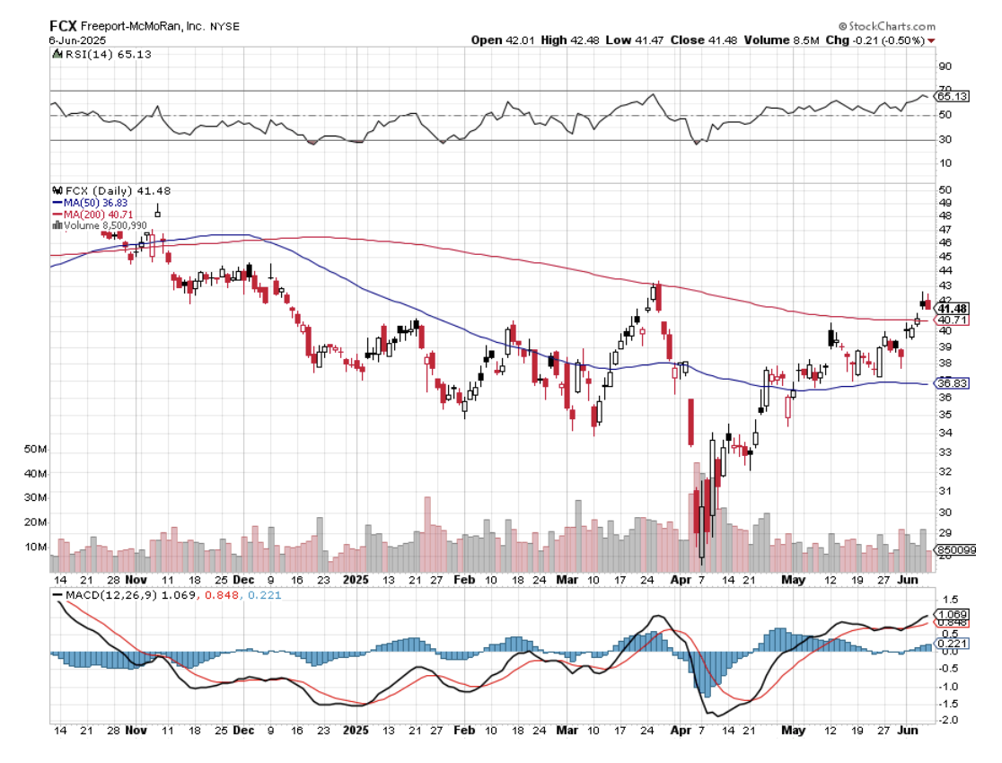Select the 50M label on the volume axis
tap(36, 449)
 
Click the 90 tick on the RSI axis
tap(945, 66)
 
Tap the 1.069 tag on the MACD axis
tap(953, 613)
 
